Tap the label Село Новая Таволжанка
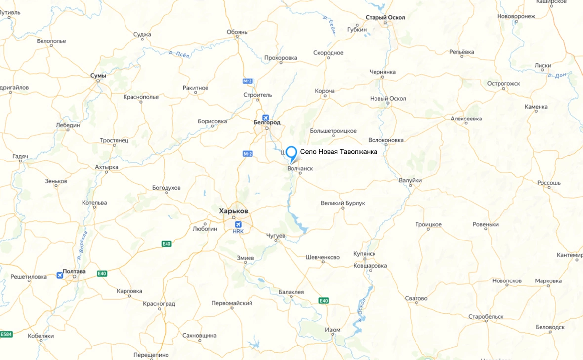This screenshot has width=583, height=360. point(338,152)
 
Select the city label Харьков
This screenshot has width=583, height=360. point(233,211)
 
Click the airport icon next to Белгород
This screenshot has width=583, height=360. point(266,118)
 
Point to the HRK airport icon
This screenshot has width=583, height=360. point(238,225)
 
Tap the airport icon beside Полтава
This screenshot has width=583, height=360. point(60,275)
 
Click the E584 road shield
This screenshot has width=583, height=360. point(6,334)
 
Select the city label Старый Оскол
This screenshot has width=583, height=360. point(385,18)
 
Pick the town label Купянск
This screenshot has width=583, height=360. point(365,254)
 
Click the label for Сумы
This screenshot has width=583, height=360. point(98,75)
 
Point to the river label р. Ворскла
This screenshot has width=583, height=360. point(82,245)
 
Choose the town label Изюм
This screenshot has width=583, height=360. point(333,330)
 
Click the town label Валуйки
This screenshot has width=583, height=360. point(410,181)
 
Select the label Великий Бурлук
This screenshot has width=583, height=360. point(342,203)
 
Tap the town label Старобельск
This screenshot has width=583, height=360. point(486,316)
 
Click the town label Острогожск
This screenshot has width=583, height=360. point(503,84)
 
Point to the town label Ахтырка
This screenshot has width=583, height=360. point(107,167)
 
